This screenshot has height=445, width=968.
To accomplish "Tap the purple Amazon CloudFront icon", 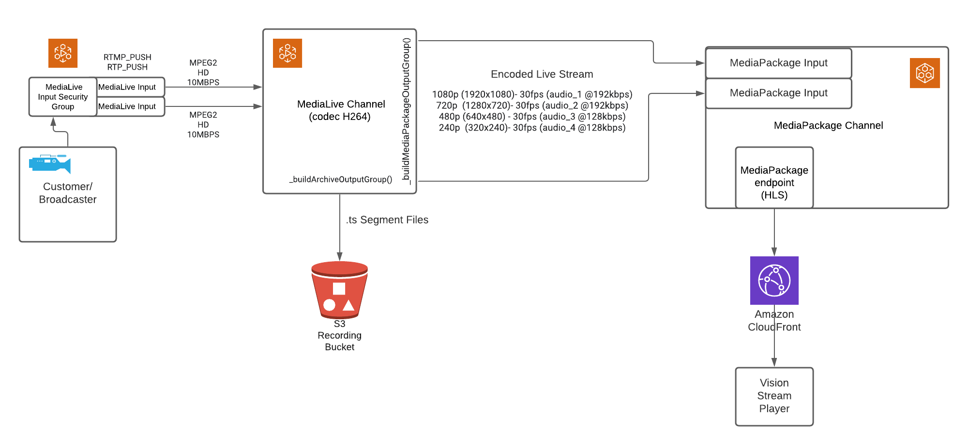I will tap(774, 281).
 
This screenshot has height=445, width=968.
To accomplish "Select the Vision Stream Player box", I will tap(774, 396).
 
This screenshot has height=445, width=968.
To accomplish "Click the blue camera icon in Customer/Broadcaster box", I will tap(50, 163).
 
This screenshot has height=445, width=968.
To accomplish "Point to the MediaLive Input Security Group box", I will tap(63, 97).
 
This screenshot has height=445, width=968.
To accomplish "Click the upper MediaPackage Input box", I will tap(778, 63).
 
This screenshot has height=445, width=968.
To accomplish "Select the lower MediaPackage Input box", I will tap(778, 93).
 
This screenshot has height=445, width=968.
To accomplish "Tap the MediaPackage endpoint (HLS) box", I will tap(774, 182).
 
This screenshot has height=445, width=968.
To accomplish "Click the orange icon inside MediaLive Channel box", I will tap(287, 53).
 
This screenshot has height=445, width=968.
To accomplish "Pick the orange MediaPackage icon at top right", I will tap(924, 73).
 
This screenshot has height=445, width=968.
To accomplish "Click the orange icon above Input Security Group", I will tap(63, 53).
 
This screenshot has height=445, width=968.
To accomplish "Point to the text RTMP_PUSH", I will tap(127, 57).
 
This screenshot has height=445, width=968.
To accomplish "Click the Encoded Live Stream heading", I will tap(542, 74).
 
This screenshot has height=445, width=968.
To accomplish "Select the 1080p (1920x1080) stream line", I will tap(532, 94).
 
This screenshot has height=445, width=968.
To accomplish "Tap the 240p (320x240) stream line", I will tap(532, 128).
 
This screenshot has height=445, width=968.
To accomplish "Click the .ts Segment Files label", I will tap(387, 220).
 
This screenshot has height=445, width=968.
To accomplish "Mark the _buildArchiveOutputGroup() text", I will tap(341, 179).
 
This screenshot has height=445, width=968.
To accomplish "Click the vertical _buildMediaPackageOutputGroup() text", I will tap(406, 111).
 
